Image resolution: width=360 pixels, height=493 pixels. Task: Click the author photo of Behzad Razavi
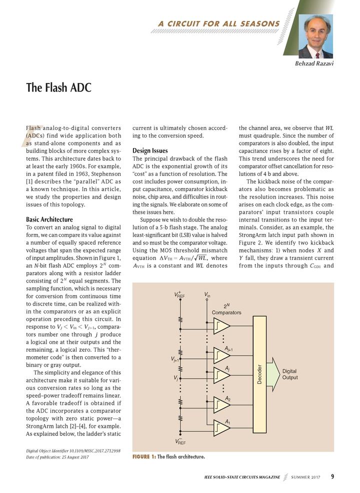coord(315,36)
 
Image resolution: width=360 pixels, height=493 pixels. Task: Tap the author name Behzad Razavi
coord(311,64)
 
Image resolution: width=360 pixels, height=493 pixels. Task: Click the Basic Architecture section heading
coord(49,219)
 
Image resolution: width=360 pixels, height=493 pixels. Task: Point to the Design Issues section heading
coord(150,150)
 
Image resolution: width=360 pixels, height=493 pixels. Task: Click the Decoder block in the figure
coord(259,374)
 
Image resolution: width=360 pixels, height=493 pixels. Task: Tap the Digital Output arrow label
coord(289,374)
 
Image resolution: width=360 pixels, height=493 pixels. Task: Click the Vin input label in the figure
coord(207,295)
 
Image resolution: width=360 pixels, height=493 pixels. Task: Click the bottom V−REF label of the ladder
coord(180,441)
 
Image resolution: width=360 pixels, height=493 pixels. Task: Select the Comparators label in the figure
coord(226,312)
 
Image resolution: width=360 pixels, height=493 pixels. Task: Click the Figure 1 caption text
coord(168,457)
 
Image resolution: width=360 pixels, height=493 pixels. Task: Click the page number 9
coord(332,476)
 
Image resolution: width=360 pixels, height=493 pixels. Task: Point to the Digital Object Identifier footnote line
coord(73,450)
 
